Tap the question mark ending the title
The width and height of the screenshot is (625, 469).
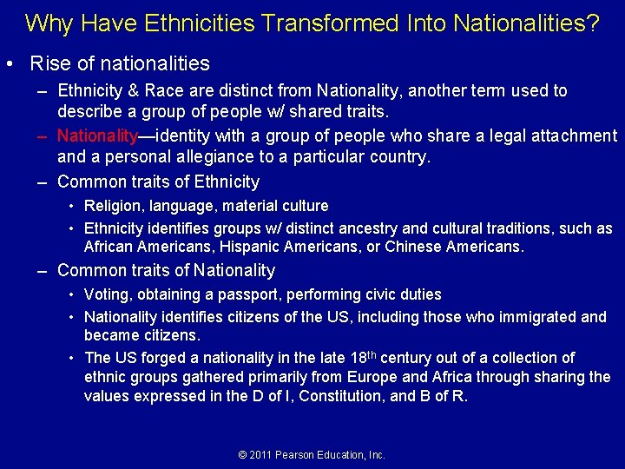tap(593, 23)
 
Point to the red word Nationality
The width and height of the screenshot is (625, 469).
tap(97, 135)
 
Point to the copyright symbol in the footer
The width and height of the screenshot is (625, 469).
tap(242, 455)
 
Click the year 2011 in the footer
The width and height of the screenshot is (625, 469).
tap(261, 455)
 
